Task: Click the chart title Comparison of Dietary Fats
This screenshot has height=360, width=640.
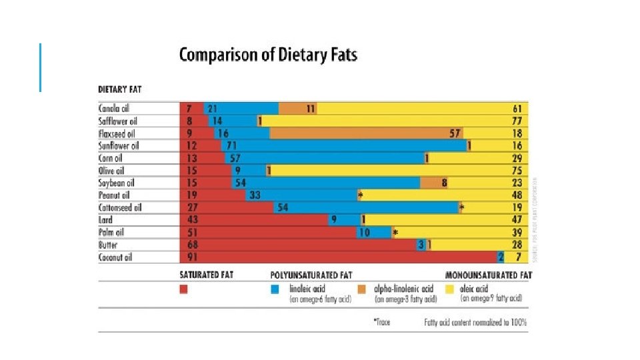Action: (268, 55)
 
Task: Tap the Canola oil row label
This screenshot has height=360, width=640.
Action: (115, 108)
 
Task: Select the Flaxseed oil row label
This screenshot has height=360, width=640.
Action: (117, 133)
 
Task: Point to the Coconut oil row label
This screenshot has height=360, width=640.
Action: (115, 257)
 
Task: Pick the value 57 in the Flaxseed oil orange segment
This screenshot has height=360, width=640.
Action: (455, 133)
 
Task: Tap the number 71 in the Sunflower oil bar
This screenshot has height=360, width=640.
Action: (232, 145)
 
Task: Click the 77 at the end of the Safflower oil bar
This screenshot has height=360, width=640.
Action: (517, 121)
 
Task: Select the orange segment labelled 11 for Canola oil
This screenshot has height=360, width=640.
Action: (297, 108)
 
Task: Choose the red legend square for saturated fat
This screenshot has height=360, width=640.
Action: (184, 290)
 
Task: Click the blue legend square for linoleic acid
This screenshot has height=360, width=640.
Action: (275, 290)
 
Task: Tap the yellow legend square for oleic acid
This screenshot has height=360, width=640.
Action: (449, 290)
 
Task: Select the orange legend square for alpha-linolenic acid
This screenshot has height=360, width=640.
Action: (362, 290)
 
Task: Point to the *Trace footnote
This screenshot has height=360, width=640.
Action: (381, 323)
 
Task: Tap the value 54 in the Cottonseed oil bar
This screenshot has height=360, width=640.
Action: (283, 207)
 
